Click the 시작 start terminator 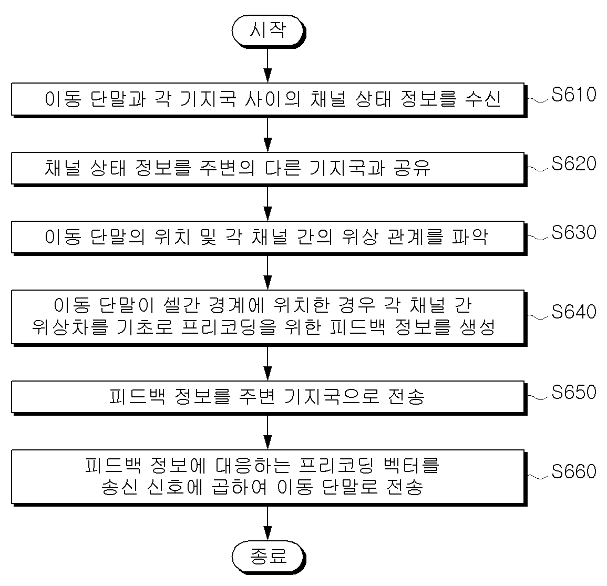pos(268,31)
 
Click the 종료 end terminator pos(268,556)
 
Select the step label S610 pos(574,95)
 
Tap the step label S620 pos(574,164)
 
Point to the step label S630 pos(574,233)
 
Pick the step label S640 pos(574,312)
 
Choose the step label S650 pos(574,392)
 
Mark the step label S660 pos(574,471)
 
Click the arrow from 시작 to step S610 pos(268,65)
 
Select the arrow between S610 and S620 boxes pos(268,135)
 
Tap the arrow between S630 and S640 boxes pos(268,272)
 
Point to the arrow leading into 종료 pos(268,523)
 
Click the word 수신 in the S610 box pos(483,99)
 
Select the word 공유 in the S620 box pos(412,168)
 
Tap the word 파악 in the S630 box pos(470,237)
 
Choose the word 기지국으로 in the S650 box pos(332,396)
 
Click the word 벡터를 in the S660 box pos(411,465)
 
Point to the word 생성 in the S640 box pos(478,327)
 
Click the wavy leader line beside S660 pos(539,476)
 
